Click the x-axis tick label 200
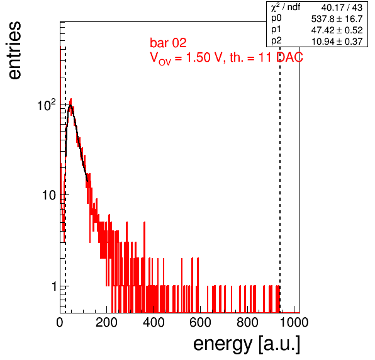[x=106, y=322]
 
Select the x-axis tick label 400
[x=154, y=322]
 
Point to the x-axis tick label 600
[x=200, y=322]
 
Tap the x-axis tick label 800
[x=247, y=322]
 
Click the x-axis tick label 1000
[x=294, y=322]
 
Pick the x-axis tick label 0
[x=60, y=322]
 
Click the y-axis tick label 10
[x=49, y=195]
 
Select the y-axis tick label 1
[x=55, y=286]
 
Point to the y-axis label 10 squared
[x=47, y=104]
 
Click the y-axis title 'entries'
[x=15, y=50]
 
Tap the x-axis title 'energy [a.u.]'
[x=247, y=344]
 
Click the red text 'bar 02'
[x=168, y=43]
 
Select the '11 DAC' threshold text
[x=281, y=57]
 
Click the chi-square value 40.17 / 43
[x=342, y=8]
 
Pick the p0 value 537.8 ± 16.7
[x=337, y=19]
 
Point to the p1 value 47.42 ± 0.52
[x=337, y=30]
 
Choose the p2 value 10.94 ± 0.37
[x=337, y=42]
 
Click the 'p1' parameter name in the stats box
[x=276, y=30]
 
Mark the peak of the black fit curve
[x=70, y=104]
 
